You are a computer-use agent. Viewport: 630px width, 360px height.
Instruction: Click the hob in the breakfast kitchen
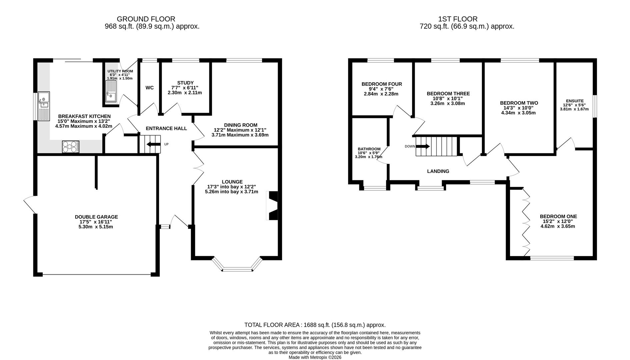click(71, 147)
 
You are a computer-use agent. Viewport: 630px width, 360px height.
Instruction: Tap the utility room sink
click(111, 91)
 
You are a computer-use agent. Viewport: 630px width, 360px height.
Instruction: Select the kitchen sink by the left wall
click(44, 106)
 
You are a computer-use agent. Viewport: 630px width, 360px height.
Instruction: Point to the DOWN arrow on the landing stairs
click(423, 146)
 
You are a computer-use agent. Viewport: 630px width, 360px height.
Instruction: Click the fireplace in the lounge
click(272, 205)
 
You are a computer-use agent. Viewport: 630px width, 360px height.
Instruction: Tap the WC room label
click(150, 88)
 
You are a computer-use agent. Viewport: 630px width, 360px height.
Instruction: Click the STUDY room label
click(185, 83)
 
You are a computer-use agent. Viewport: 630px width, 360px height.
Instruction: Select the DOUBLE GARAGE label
click(96, 217)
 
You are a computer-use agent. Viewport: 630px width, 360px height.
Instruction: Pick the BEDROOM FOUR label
click(382, 84)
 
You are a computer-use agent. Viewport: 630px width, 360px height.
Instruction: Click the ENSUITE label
click(575, 101)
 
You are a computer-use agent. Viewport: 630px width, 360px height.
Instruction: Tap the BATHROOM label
click(369, 149)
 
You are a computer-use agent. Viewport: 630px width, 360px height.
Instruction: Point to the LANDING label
click(438, 171)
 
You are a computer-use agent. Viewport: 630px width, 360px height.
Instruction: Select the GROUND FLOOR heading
click(146, 19)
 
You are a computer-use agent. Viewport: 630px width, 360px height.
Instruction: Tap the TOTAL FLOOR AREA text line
click(315, 325)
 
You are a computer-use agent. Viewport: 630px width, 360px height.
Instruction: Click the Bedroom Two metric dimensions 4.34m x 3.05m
click(518, 113)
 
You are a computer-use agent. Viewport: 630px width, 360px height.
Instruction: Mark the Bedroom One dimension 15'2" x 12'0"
click(558, 221)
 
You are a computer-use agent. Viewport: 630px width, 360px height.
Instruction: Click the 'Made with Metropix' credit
click(315, 357)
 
